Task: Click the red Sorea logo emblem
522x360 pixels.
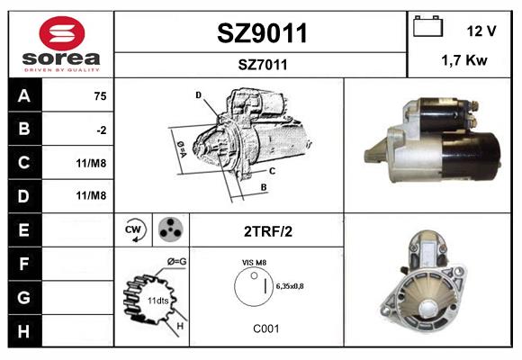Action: click(62, 33)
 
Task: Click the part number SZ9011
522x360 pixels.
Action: click(262, 33)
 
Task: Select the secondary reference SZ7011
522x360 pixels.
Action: click(263, 65)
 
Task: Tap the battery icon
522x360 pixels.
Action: click(427, 26)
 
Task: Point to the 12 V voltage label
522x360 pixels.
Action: click(481, 31)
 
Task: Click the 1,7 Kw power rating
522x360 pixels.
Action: click(464, 60)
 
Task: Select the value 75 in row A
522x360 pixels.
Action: click(100, 96)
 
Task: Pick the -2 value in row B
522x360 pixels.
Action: click(102, 130)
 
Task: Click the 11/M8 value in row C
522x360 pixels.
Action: click(91, 163)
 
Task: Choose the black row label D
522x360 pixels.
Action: click(24, 196)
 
